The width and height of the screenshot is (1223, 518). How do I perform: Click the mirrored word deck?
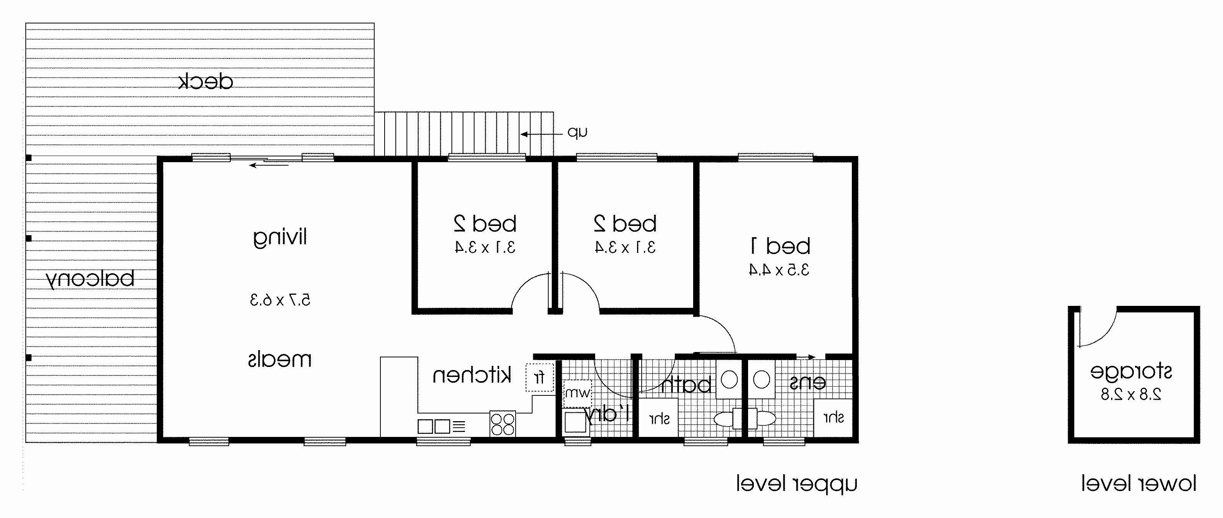[206, 82]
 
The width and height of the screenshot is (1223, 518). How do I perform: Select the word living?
[280, 237]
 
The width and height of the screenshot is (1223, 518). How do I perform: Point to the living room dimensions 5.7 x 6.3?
[280, 300]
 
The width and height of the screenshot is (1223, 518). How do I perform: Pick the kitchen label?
[472, 375]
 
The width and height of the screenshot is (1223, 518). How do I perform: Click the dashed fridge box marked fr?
[540, 377]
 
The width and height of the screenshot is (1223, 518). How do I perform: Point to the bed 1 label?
[780, 246]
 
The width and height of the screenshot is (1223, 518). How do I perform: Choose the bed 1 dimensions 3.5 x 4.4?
[779, 270]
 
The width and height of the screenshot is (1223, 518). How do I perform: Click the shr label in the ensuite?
[834, 417]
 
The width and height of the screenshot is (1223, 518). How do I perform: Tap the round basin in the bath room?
[729, 380]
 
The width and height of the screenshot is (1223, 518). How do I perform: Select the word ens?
[807, 383]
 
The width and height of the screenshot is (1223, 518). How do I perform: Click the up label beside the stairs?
[578, 133]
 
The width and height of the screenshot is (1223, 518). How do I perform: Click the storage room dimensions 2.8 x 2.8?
[1131, 395]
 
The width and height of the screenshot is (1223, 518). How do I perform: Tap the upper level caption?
[797, 484]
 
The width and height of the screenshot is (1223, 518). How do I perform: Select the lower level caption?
[1138, 484]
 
